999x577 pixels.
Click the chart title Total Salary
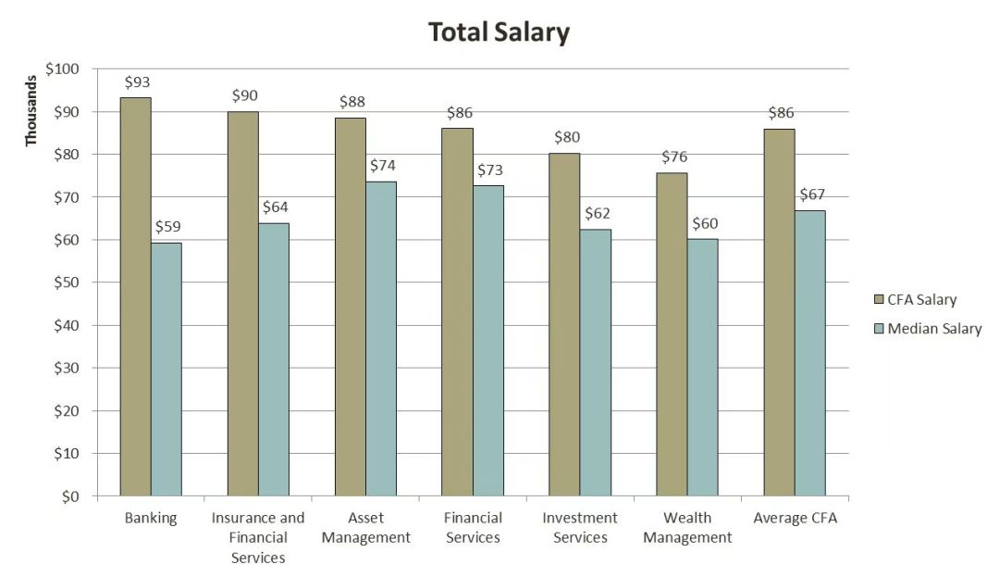point(499,33)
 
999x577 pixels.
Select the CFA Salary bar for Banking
point(135,296)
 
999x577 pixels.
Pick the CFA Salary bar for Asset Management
point(351,307)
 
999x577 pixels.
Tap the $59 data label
point(167,227)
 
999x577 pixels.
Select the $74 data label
point(383,166)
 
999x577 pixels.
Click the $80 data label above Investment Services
point(566,137)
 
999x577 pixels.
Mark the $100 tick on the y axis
point(64,69)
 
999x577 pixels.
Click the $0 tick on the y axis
point(71,496)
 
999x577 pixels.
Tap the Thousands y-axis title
point(31,110)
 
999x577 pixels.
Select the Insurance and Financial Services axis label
point(258,537)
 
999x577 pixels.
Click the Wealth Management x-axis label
point(687,528)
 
